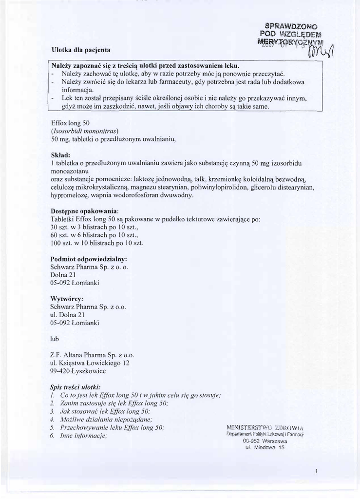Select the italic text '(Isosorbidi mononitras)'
[85, 131]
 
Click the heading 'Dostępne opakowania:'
[85, 211]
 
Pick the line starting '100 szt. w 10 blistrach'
[97, 243]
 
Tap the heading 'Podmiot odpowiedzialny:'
[89, 258]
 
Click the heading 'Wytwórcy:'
[67, 298]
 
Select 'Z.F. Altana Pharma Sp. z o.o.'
[92, 355]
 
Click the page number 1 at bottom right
[316, 471]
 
